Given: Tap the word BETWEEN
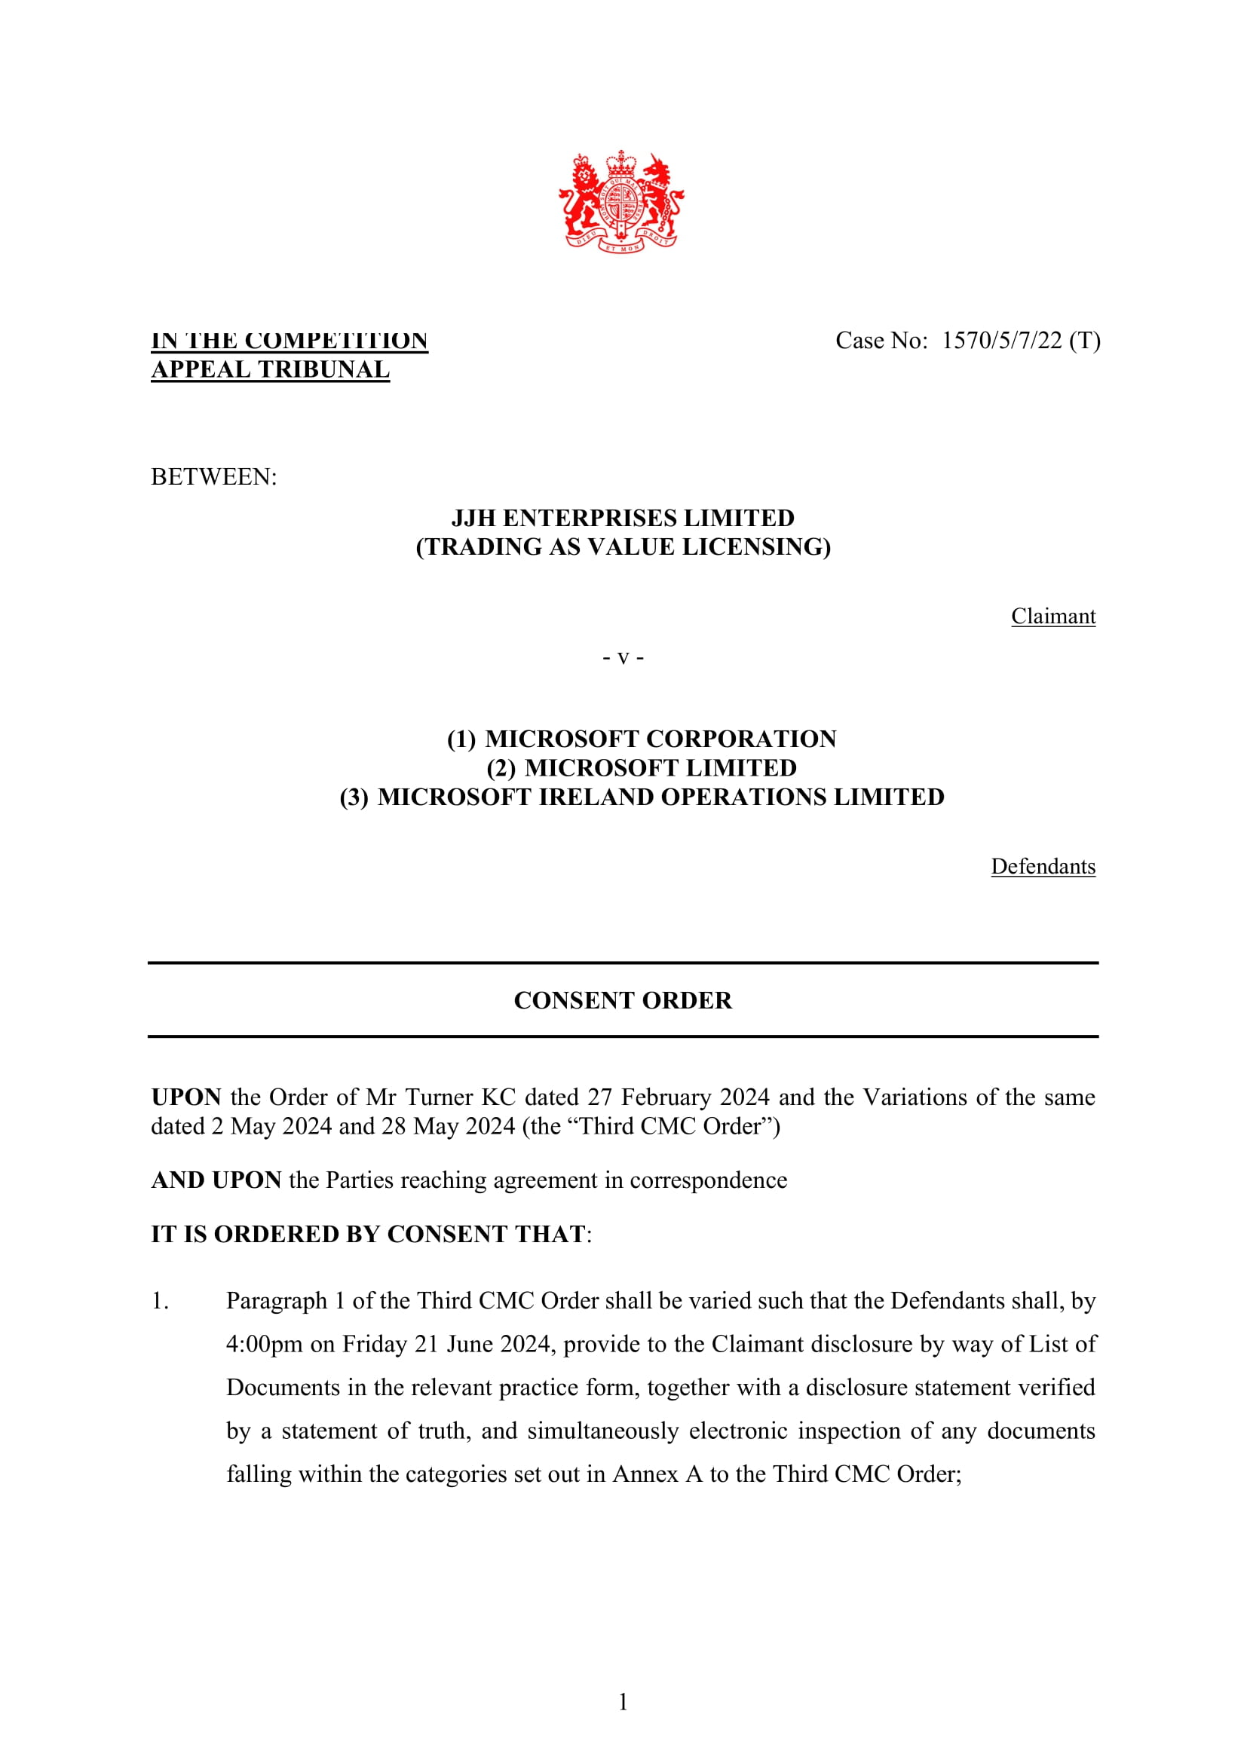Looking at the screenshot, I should pyautogui.click(x=213, y=477).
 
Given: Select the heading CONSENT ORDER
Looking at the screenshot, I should pyautogui.click(x=623, y=1000).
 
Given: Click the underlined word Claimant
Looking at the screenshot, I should pyautogui.click(x=1052, y=617).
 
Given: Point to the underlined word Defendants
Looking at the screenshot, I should pyautogui.click(x=1043, y=867).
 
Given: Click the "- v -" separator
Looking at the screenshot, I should pyautogui.click(x=623, y=657).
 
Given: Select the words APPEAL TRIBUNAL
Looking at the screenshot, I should pyautogui.click(x=271, y=369).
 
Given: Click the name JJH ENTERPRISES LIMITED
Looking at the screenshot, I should pyautogui.click(x=623, y=519).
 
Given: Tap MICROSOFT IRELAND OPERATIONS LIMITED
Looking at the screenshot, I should pyautogui.click(x=660, y=797).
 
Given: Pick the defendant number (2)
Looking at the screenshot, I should pyautogui.click(x=501, y=768).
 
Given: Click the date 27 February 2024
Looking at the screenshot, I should pyautogui.click(x=678, y=1097).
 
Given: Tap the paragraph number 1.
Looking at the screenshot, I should pyautogui.click(x=160, y=1301).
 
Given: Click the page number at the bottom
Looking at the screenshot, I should pyautogui.click(x=623, y=1703).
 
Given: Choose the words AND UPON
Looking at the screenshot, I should pyautogui.click(x=216, y=1180).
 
